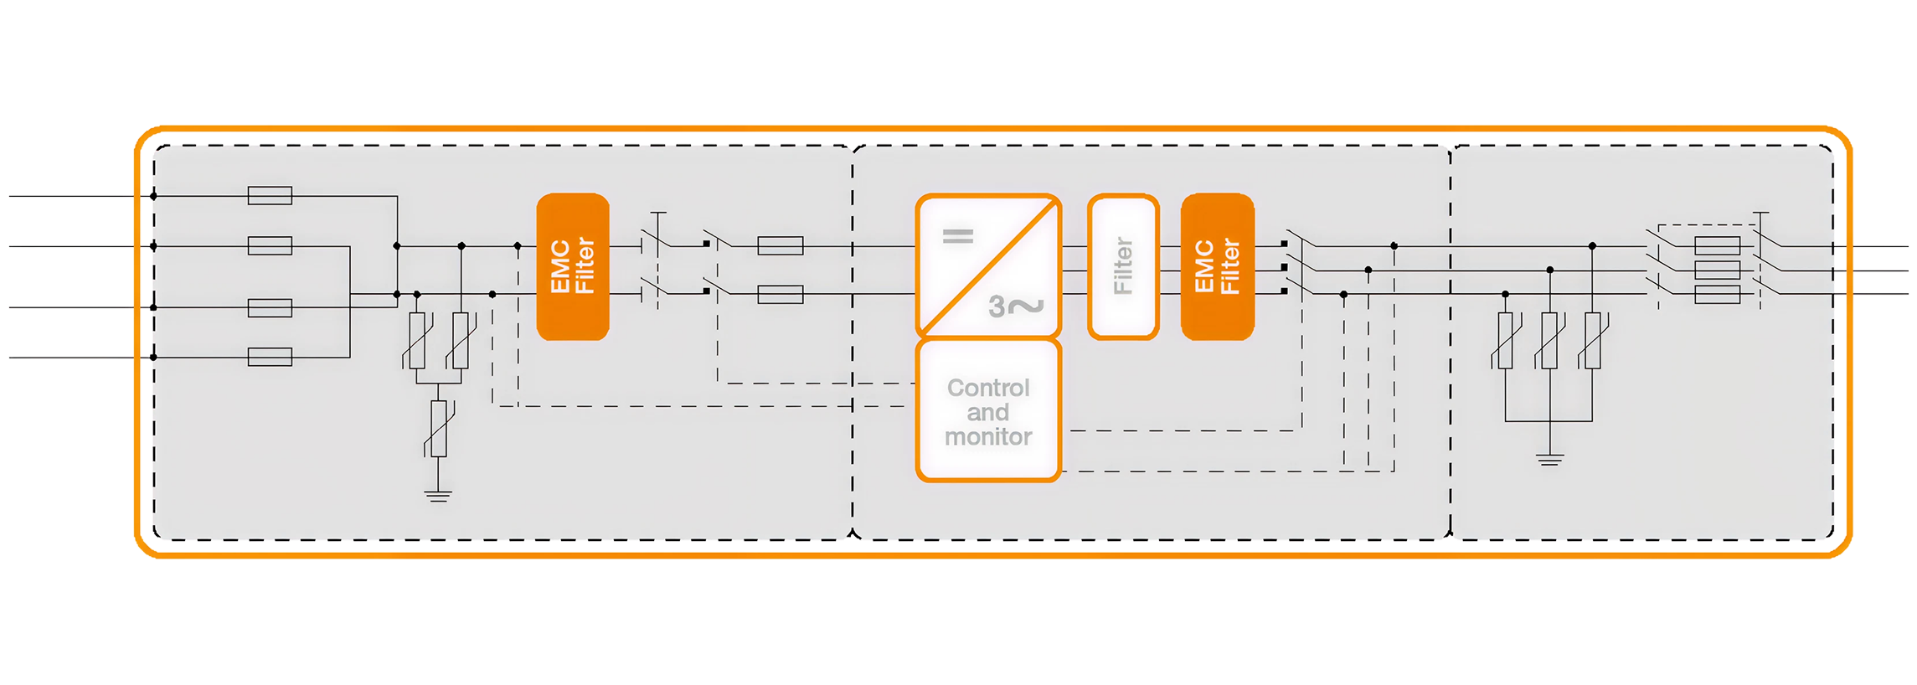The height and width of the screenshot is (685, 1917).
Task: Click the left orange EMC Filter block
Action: tap(573, 267)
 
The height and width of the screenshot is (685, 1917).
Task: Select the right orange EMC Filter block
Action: tap(1217, 267)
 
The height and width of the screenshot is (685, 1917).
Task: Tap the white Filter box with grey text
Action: tap(1123, 267)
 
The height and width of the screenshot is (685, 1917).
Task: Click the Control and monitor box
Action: tap(988, 411)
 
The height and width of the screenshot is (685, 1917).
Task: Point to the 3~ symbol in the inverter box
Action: tap(1015, 306)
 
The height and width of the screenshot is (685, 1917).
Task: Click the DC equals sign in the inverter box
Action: tap(958, 236)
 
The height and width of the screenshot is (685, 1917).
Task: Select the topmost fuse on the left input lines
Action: tap(270, 196)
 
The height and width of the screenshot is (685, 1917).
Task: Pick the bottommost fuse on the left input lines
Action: tap(270, 358)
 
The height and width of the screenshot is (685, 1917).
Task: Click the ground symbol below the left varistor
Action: tap(438, 494)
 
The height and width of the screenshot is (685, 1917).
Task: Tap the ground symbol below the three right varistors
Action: tap(1549, 459)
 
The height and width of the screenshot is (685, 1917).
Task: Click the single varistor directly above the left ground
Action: tap(438, 428)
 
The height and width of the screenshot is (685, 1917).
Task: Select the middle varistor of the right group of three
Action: tap(1549, 340)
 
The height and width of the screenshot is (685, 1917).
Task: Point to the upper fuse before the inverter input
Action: tap(780, 245)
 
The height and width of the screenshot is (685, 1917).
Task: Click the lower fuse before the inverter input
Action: tap(780, 295)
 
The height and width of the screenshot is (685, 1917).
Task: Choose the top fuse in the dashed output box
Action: tap(1717, 246)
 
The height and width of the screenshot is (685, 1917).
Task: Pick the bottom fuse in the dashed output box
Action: tap(1717, 295)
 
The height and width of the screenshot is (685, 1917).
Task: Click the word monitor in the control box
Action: tap(988, 437)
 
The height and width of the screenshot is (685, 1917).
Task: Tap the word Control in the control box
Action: tap(988, 388)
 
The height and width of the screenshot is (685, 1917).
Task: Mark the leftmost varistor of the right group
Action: tap(1505, 340)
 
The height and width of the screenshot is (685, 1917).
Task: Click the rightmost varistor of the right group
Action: tap(1593, 340)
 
